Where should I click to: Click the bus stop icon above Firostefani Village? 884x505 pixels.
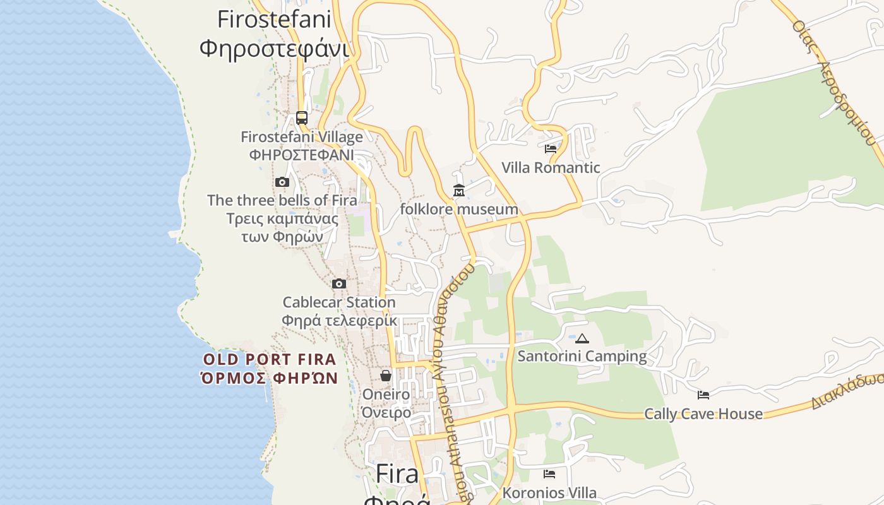(x=302, y=117)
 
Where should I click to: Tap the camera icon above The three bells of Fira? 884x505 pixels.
(x=282, y=182)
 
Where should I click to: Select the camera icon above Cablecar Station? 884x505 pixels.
(x=339, y=283)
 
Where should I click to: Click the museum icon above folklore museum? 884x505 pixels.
(x=459, y=190)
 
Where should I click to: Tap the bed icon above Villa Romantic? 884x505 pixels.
(x=551, y=149)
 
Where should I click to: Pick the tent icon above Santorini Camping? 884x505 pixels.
(x=582, y=338)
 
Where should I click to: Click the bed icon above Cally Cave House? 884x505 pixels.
(x=703, y=395)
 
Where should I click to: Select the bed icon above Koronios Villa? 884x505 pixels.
(x=549, y=473)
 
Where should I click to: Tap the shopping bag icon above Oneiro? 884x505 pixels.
(x=386, y=376)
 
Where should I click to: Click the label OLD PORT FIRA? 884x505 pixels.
(x=270, y=360)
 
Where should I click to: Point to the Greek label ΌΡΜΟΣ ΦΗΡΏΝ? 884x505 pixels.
(x=270, y=379)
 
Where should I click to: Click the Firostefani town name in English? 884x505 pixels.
(x=274, y=20)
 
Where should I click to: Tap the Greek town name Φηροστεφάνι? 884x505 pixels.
(x=274, y=48)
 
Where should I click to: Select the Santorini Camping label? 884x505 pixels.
(x=582, y=356)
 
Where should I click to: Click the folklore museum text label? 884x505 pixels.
(x=459, y=209)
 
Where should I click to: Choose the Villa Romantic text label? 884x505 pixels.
(x=551, y=168)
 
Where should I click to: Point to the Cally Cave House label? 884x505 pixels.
(x=703, y=414)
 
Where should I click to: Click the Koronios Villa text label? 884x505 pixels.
(x=549, y=492)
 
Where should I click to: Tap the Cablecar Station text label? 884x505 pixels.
(x=339, y=302)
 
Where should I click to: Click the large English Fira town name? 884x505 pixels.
(x=397, y=474)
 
